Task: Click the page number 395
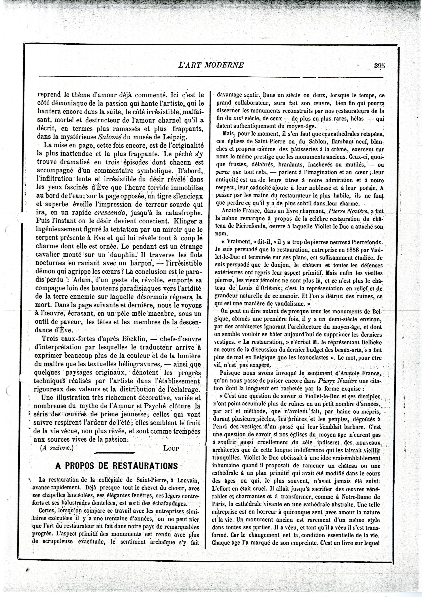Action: [x=379, y=66]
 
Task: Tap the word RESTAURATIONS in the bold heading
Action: [x=145, y=465]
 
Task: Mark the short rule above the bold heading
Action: [x=114, y=453]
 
